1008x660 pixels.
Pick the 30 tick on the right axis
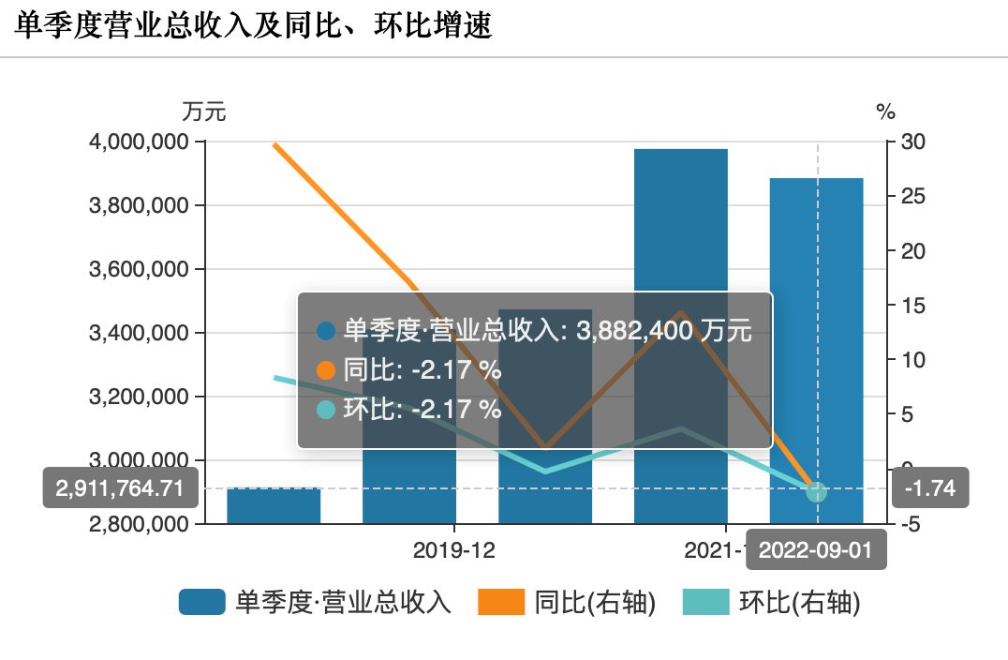point(912,142)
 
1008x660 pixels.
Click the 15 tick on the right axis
point(912,306)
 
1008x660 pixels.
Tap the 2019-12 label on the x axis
point(454,550)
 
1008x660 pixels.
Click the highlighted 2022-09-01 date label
point(815,550)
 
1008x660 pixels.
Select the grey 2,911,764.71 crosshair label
point(119,488)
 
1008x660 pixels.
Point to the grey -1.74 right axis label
point(929,488)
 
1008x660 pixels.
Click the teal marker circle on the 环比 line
point(816,491)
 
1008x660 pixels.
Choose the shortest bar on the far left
point(274,505)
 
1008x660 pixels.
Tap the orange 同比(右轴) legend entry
point(567,603)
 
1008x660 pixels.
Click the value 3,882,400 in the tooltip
point(633,331)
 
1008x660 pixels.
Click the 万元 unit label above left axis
point(203,112)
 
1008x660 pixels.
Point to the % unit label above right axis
point(885,112)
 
